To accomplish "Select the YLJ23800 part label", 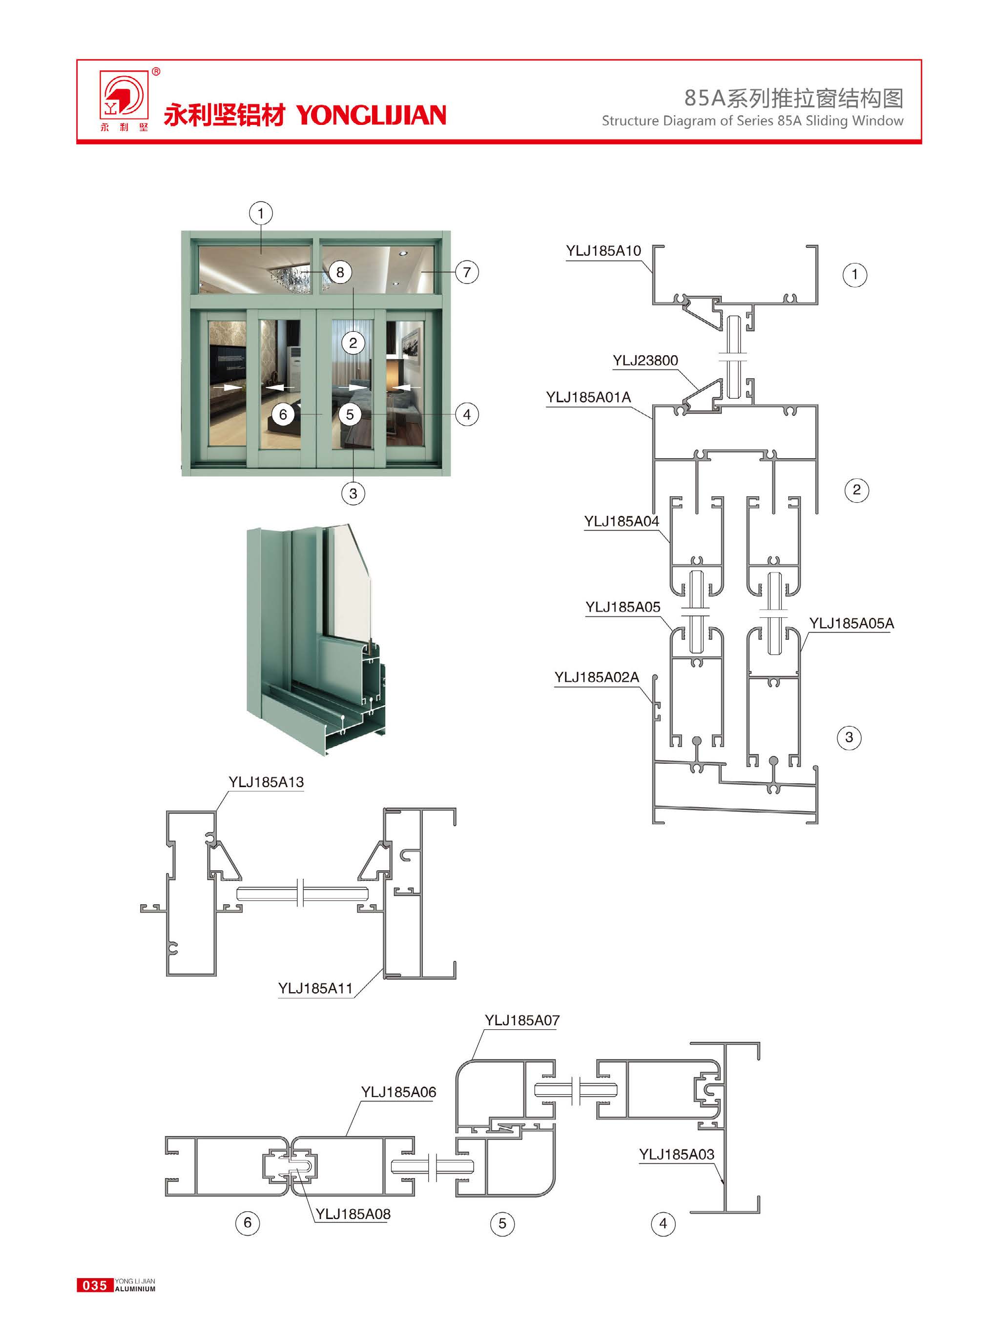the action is [645, 361].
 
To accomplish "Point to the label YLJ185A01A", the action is [588, 397].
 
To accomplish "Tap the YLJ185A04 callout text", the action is [621, 521].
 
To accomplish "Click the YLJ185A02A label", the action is [597, 677].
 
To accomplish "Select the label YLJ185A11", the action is [315, 988].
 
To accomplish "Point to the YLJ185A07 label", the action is [522, 1020].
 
